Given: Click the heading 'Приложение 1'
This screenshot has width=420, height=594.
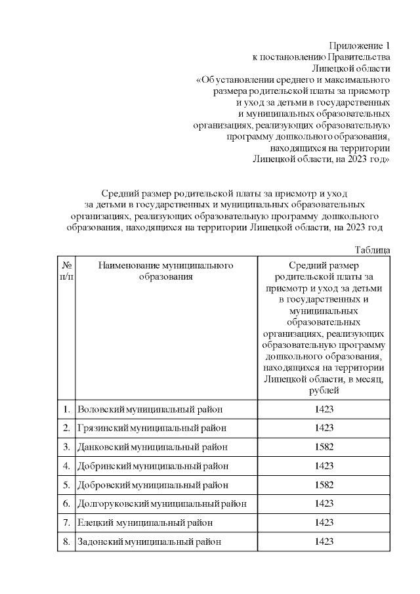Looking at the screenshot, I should tap(360, 46).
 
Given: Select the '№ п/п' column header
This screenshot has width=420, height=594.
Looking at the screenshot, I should tap(66, 271).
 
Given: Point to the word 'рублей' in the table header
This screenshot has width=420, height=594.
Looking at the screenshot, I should tap(324, 391).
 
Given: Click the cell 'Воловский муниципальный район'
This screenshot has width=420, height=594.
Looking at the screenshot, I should tap(150, 410).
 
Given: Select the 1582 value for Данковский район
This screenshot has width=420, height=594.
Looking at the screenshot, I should tap(324, 447).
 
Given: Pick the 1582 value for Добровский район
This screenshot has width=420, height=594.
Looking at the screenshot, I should tap(324, 485).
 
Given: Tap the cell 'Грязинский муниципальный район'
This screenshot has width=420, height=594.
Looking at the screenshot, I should tap(152, 428).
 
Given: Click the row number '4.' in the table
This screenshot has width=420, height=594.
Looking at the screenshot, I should tap(66, 466).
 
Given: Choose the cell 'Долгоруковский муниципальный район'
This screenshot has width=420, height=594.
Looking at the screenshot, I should tap(162, 504).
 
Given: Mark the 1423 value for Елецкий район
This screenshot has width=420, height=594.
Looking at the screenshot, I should tap(324, 522).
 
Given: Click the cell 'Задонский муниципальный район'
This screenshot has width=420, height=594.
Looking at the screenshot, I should tap(149, 541).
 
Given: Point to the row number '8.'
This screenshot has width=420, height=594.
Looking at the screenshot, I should tap(66, 541).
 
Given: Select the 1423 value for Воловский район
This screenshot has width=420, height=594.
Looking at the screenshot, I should tap(324, 410).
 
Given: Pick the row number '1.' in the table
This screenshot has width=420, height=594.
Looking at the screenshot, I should tap(66, 410).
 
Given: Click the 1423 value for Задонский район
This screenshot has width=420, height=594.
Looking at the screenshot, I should tap(324, 541).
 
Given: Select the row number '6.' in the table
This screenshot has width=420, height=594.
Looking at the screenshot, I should tap(66, 504).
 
